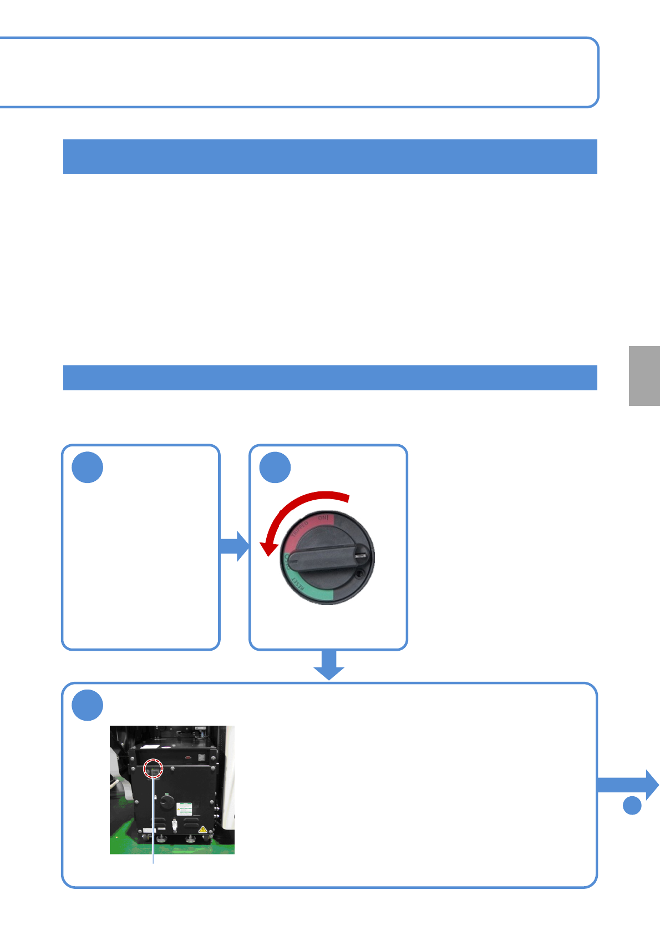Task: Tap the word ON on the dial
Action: click(323, 519)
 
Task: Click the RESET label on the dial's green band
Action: click(298, 584)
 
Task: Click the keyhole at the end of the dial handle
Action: click(361, 554)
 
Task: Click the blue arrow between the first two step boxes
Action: click(235, 546)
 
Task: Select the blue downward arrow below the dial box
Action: click(329, 665)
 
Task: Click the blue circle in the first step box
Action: click(88, 467)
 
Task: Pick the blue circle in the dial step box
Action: click(275, 467)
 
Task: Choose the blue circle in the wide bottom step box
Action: click(88, 705)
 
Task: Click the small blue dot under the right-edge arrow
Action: click(632, 805)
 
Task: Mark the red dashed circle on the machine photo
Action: click(153, 769)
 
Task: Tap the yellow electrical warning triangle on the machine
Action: click(203, 829)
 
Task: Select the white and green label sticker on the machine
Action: click(184, 808)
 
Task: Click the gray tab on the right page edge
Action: click(644, 376)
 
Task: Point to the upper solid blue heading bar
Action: click(330, 157)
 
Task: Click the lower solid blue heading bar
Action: click(330, 378)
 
